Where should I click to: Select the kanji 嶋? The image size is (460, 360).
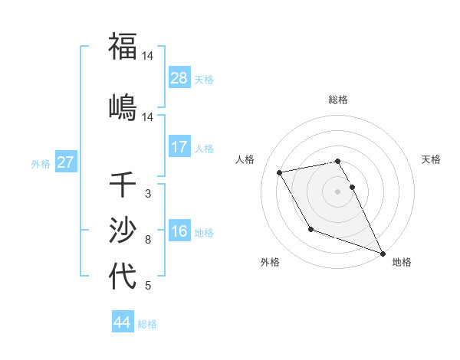coord(123,106)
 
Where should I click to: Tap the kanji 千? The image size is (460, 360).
coord(123,185)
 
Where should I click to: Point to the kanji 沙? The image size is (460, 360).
coord(123,230)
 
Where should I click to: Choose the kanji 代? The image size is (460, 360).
coord(123,276)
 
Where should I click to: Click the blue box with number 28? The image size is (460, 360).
coord(179,78)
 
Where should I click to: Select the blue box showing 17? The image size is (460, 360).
coord(179,147)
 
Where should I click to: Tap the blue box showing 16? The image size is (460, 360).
coord(179,231)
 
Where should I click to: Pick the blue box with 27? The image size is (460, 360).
coord(66,162)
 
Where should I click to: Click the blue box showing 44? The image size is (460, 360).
coord(123,322)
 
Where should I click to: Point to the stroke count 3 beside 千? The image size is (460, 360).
coord(147,194)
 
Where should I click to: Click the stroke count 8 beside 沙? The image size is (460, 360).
coord(147,240)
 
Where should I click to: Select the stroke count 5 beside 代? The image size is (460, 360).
coord(147,286)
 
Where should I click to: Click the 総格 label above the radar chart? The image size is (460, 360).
coord(338,100)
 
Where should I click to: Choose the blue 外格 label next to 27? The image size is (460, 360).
coord(41,163)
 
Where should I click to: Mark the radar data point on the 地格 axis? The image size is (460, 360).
coord(383,254)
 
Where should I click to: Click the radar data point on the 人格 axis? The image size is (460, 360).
coord(280,172)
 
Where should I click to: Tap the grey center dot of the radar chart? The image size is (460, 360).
coord(338,191)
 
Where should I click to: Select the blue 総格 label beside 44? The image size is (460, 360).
coord(147,323)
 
